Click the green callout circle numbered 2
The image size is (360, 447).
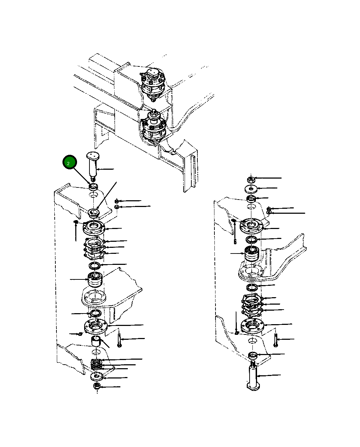tap(70, 162)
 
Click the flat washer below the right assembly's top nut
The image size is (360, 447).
tap(251, 189)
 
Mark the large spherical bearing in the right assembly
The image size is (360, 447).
tap(252, 254)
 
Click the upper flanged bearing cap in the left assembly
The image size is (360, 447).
tap(94, 228)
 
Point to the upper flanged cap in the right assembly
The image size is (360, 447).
tap(251, 226)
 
